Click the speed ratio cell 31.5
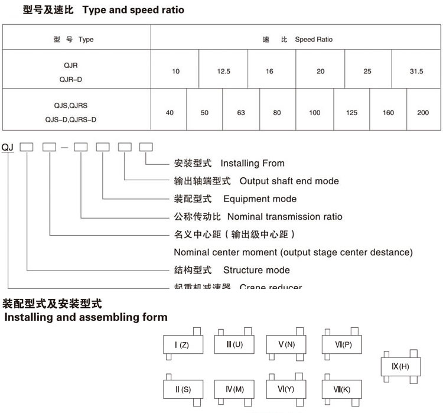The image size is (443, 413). coord(417,71)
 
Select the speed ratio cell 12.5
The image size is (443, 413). coord(224,71)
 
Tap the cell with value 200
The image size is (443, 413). coord(423,112)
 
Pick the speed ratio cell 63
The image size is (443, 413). coord(240,112)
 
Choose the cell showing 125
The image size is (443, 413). coord(352,112)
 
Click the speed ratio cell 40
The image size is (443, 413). coord(170,112)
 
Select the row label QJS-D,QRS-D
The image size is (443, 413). coord(70,119)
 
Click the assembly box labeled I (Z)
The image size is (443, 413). coord(183,344)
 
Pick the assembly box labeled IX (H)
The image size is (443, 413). coord(400,366)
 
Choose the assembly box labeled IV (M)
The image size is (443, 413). coord(234,389)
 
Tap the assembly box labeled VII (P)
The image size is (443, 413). coord(342,344)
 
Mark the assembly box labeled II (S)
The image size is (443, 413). coord(183,389)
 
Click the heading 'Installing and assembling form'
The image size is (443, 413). coord(86,317)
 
